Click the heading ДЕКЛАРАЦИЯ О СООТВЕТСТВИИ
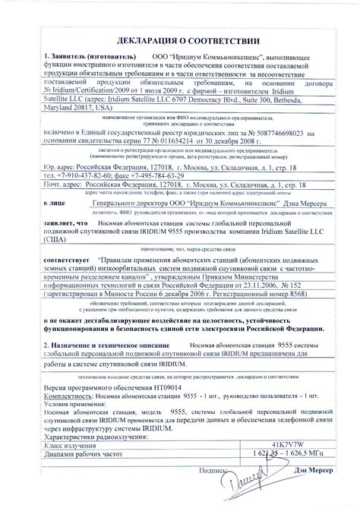(x=180, y=39)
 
